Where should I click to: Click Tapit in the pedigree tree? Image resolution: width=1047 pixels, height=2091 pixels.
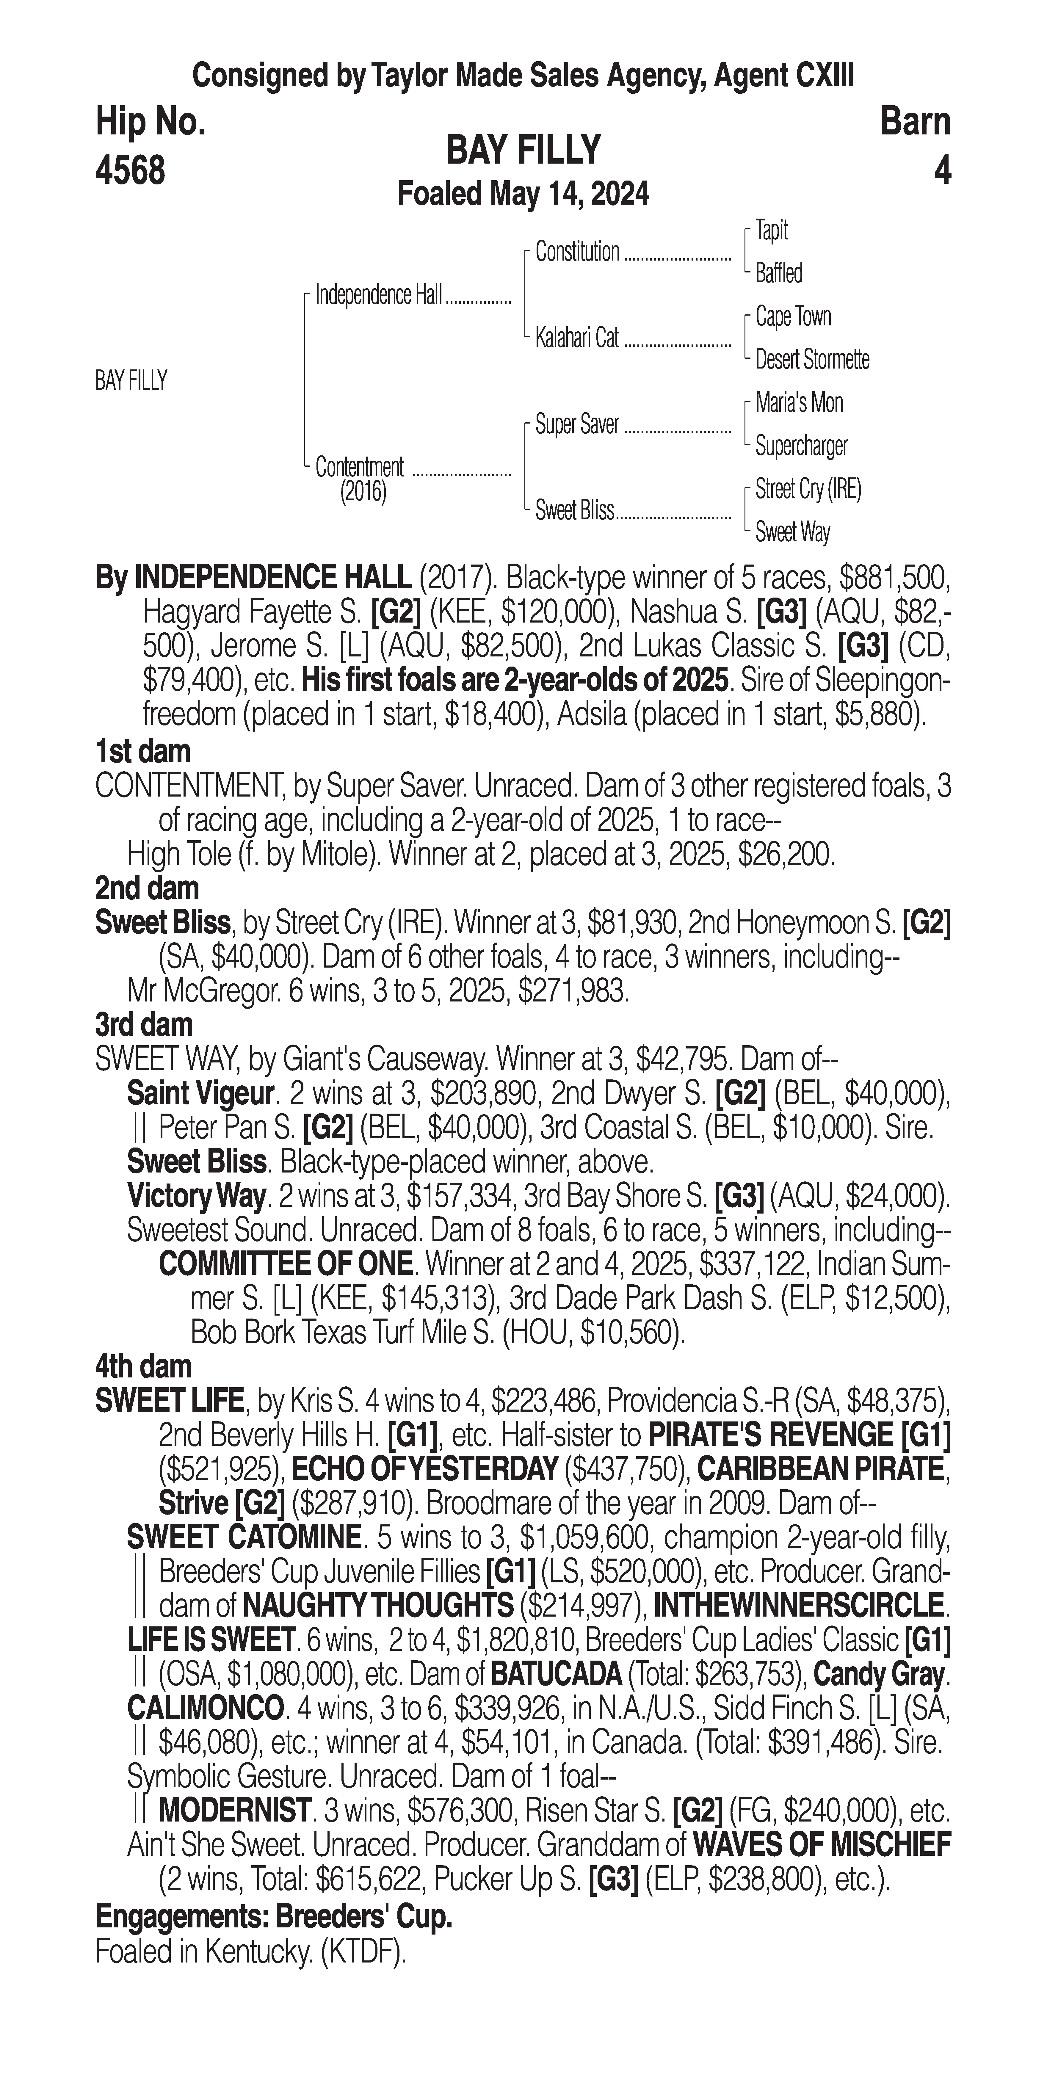[x=771, y=231]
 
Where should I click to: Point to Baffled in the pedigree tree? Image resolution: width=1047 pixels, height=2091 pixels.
[x=778, y=274]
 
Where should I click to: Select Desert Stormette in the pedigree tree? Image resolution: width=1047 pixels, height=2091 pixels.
[x=812, y=360]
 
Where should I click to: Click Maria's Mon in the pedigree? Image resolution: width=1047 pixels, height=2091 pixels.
[x=799, y=403]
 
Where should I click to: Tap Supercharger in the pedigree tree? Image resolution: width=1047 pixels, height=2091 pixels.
[x=801, y=446]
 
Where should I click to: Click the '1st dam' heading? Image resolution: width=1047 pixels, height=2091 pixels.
[x=143, y=752]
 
